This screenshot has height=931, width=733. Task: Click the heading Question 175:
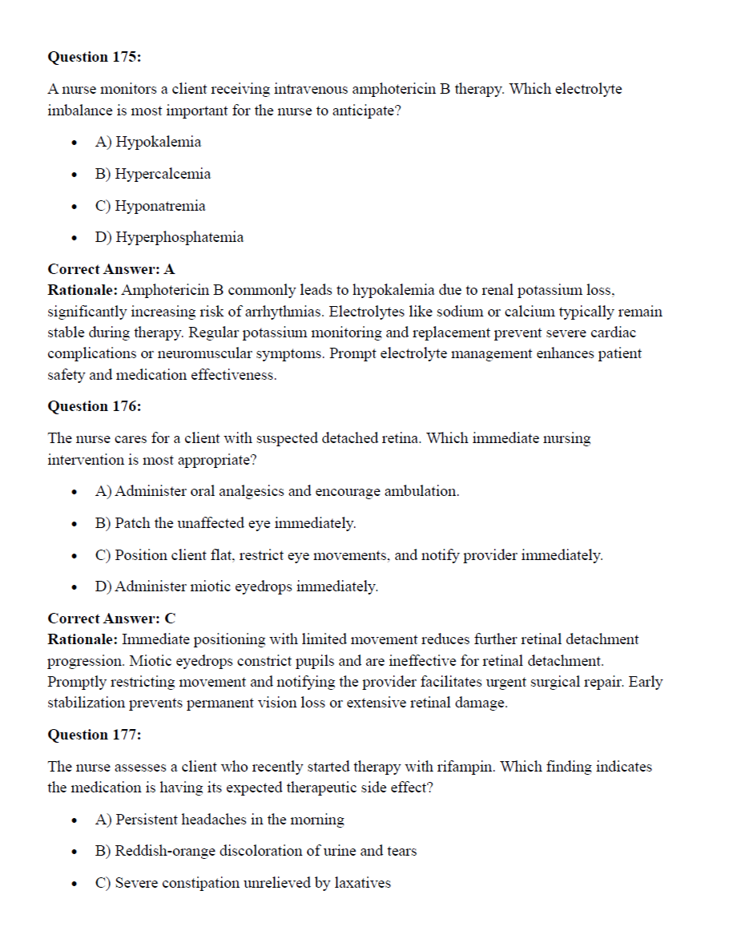coord(95,57)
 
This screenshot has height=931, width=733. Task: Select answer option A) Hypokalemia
coord(148,143)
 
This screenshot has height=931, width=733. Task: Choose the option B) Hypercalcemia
coord(153,174)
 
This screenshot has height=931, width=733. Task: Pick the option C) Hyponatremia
coord(150,206)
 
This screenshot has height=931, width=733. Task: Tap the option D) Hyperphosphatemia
coord(169,237)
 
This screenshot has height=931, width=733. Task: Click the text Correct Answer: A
coord(111,269)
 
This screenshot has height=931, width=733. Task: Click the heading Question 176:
coord(95,406)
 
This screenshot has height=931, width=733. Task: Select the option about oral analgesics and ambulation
coord(277,491)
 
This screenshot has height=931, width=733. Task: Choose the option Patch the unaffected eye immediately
coord(225,523)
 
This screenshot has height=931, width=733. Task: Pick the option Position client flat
coord(348,555)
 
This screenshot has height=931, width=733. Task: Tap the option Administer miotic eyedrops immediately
coord(236,586)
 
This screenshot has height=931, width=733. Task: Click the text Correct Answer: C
coord(111,619)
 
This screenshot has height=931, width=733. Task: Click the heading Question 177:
coord(95,735)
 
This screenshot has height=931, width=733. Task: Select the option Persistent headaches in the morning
coord(219,820)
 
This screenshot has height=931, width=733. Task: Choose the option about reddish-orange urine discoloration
coord(256,851)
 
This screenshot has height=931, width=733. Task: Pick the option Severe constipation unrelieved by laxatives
coord(243,883)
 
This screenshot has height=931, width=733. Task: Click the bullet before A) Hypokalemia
coord(75,143)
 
